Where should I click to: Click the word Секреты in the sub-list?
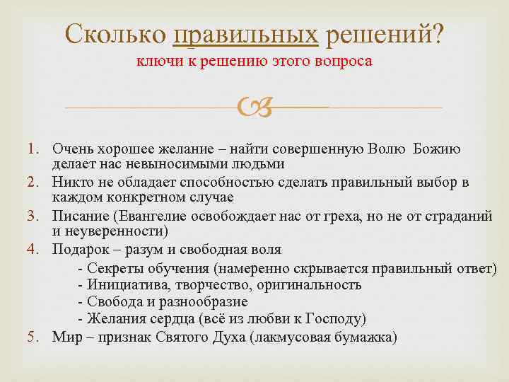tap(115, 268)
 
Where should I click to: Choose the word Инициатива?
tap(125, 285)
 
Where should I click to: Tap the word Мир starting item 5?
tap(65, 336)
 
